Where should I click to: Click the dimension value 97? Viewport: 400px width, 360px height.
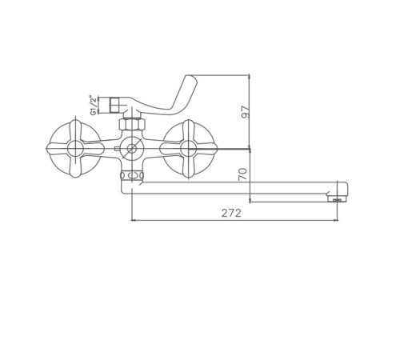tap(245, 112)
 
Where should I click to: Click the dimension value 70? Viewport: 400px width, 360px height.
tap(243, 174)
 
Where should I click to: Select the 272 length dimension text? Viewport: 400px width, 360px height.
tap(231, 213)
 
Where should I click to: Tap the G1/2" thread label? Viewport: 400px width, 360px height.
tap(93, 106)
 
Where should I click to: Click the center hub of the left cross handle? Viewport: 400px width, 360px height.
tap(75, 149)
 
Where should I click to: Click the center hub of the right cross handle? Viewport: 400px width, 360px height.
tap(188, 149)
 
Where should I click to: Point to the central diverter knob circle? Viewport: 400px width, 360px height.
tap(131, 149)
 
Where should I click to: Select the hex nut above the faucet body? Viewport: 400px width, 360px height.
tap(132, 124)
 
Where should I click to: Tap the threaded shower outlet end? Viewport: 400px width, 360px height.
tap(114, 105)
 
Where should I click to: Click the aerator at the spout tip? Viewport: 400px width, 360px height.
tap(337, 199)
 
